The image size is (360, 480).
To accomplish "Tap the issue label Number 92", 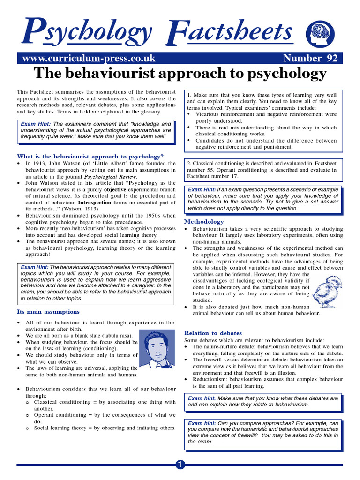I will pos(310,58).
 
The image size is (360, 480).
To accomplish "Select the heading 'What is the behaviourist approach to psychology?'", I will pos(90,156).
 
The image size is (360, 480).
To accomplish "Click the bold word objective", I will pos(115,189).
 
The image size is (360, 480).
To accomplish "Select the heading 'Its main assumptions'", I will pos(48,311).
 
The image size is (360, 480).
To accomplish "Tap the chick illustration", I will pos(327,291).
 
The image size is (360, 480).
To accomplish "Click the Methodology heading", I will pos(204,221).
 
